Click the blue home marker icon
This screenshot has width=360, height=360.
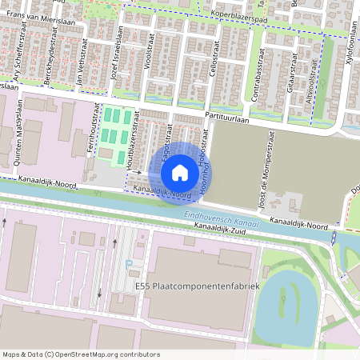pos(180,173)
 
